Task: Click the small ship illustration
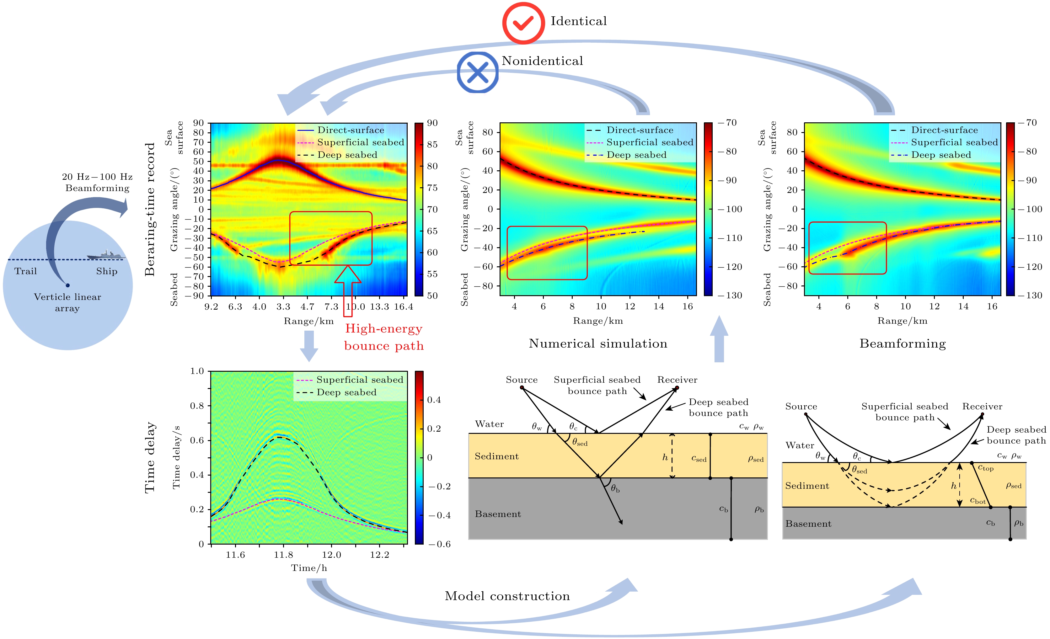click(x=106, y=255)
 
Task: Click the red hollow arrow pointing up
click(x=348, y=290)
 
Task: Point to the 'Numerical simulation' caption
click(x=598, y=343)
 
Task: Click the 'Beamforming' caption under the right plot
click(x=903, y=343)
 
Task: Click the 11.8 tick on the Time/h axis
click(x=283, y=555)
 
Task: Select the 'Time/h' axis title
click(x=309, y=568)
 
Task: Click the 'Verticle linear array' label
click(x=67, y=302)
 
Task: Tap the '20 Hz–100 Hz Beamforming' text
click(x=97, y=182)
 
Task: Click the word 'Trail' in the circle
click(x=25, y=271)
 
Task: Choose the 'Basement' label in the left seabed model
click(x=498, y=514)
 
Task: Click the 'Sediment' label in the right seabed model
click(x=807, y=486)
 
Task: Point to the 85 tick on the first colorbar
click(x=432, y=144)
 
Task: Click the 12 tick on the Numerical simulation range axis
click(x=630, y=306)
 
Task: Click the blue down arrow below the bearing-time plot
click(x=309, y=345)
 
